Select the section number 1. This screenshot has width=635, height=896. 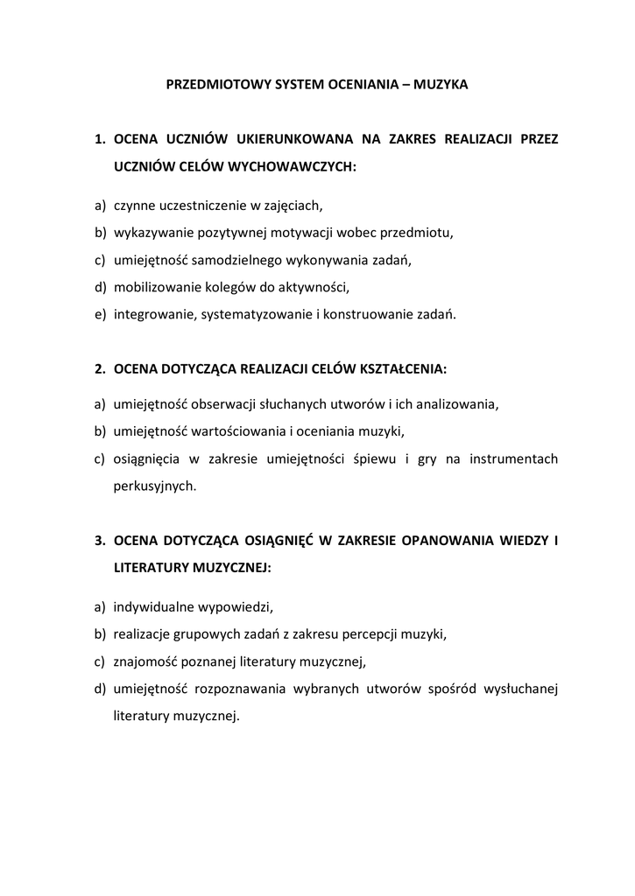(x=101, y=138)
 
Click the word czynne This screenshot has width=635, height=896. (x=133, y=206)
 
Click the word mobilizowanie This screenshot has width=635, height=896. (x=152, y=286)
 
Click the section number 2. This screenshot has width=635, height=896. (x=101, y=369)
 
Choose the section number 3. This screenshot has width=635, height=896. (x=101, y=540)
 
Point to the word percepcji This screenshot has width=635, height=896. (x=371, y=633)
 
